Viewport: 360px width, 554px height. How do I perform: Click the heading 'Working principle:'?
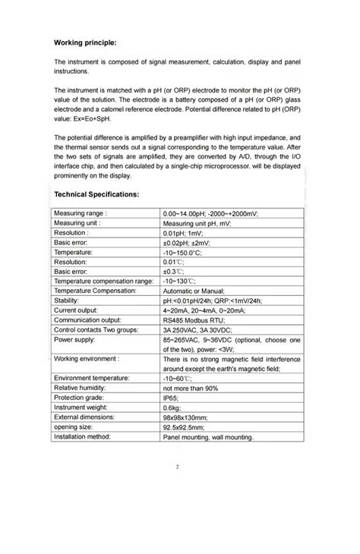pos(85,42)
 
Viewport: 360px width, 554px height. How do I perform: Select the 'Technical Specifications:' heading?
pos(96,194)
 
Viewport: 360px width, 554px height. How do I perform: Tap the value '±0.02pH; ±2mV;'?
pos(191,242)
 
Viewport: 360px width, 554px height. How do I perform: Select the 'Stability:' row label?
pos(68,300)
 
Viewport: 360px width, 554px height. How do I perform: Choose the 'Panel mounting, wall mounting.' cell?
pos(208,436)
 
